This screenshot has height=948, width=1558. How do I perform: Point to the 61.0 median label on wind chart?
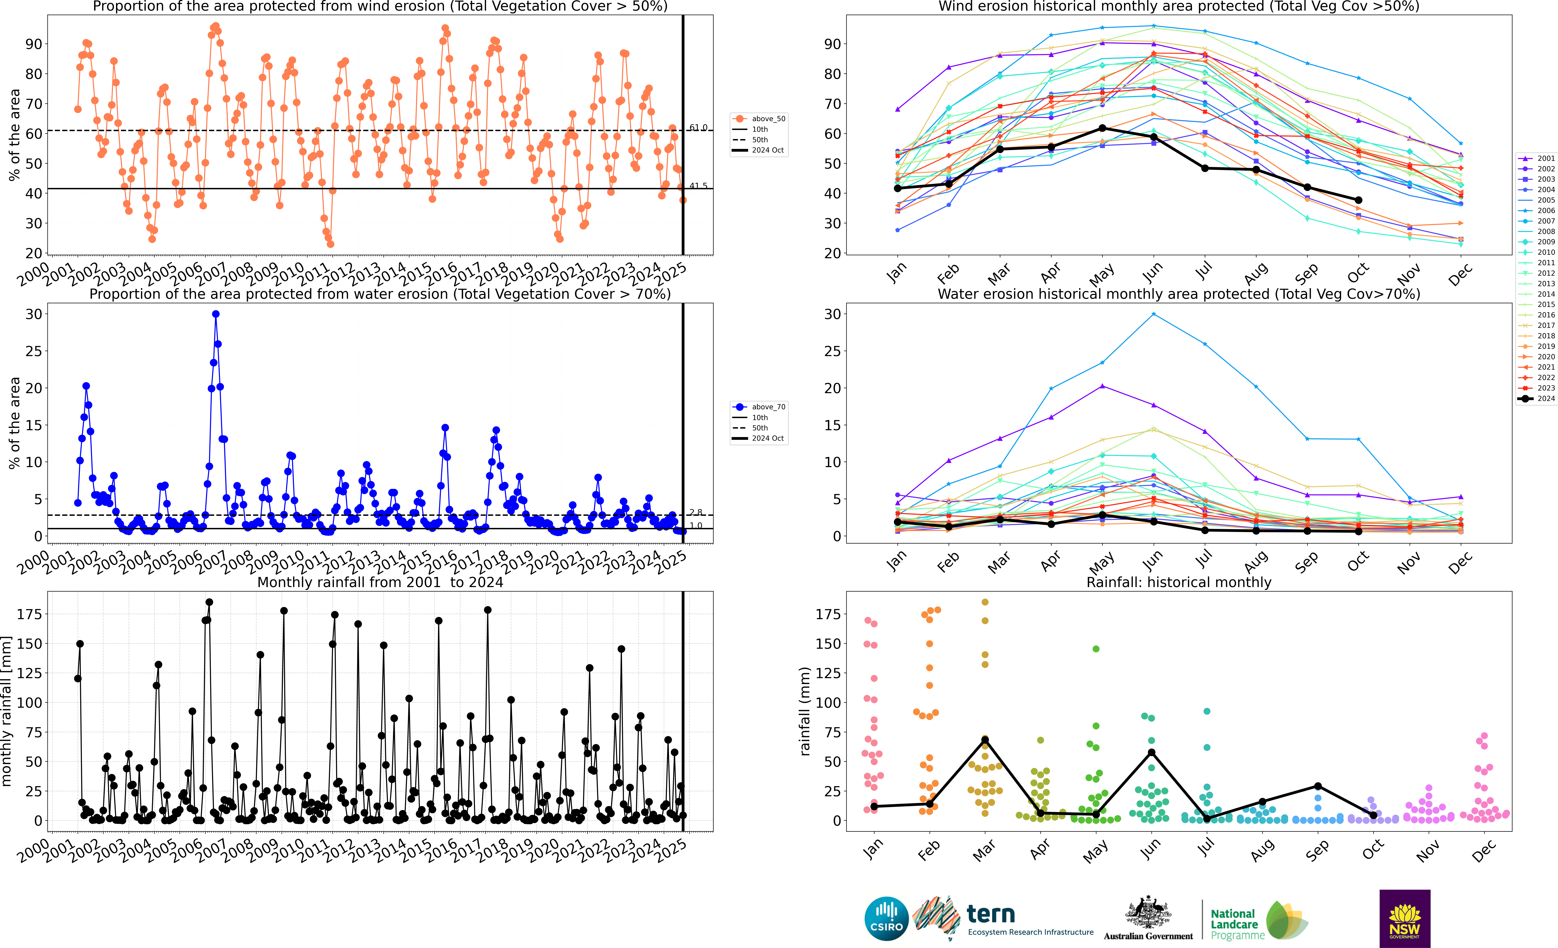pos(698,128)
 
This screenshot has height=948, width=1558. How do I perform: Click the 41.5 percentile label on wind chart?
pos(698,186)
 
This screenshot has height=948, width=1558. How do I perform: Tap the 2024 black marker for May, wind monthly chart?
pos(1102,128)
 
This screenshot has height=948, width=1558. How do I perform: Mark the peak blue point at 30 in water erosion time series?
pos(216,314)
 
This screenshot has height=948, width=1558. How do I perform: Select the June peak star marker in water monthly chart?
pos(1153,314)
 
